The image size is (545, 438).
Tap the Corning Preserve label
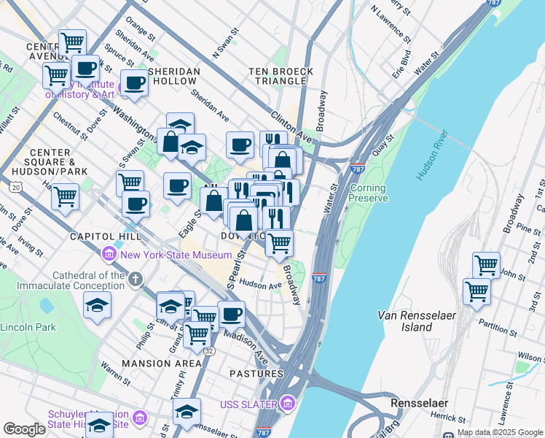pyautogui.click(x=368, y=193)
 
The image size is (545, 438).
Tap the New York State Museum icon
pyautogui.click(x=109, y=255)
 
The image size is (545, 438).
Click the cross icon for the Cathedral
pyautogui.click(x=135, y=279)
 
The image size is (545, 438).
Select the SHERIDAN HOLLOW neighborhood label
pyautogui.click(x=174, y=77)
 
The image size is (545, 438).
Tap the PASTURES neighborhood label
pyautogui.click(x=257, y=374)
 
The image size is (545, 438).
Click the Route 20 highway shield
pyautogui.click(x=16, y=188)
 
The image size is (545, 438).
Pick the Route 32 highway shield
pyautogui.click(x=208, y=350)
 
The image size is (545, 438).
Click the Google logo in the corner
pyautogui.click(x=24, y=429)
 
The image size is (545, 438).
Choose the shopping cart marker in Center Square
pyautogui.click(x=65, y=196)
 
